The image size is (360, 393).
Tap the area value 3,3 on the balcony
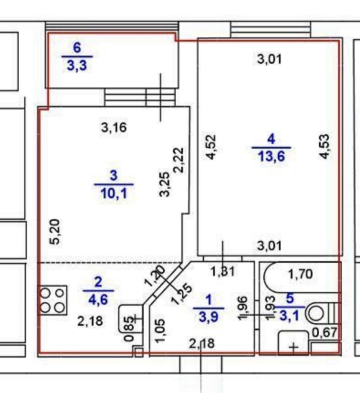[x=77, y=65]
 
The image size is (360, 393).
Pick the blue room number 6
[x=77, y=48]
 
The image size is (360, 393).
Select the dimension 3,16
[x=114, y=127]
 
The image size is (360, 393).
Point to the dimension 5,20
[x=55, y=232]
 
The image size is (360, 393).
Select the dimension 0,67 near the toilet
[x=326, y=333]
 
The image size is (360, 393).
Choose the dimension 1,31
[x=223, y=272]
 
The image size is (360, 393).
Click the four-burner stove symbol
[x=53, y=300]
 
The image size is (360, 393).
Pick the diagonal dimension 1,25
[x=183, y=294]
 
